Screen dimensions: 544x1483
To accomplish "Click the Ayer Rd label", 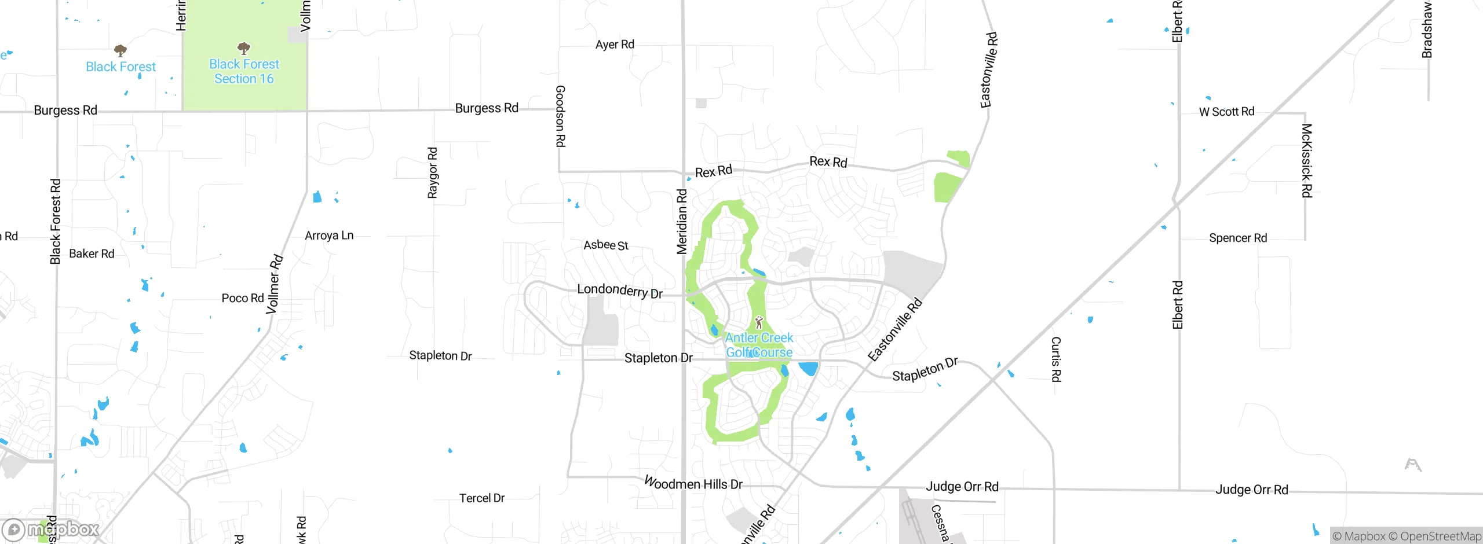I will [x=615, y=45].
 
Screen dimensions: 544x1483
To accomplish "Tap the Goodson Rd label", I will [x=560, y=116].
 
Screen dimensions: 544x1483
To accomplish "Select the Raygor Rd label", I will [x=433, y=172].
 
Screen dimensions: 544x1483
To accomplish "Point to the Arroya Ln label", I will [x=329, y=236].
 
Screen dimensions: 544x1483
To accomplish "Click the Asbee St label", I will [x=606, y=245].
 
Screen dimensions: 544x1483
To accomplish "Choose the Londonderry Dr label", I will [x=620, y=291].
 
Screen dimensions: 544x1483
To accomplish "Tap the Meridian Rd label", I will [x=682, y=222].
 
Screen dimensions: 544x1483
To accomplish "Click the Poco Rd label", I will [x=243, y=298].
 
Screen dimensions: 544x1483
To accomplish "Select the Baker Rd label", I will [x=92, y=253].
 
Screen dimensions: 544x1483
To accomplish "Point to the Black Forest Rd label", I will [x=56, y=222].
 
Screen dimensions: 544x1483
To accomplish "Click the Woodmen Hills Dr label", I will [x=693, y=483].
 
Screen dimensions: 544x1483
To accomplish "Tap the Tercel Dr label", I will [x=482, y=498].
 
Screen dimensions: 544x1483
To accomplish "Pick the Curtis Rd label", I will [x=1056, y=359].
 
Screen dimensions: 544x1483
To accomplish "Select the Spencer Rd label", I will [x=1238, y=238].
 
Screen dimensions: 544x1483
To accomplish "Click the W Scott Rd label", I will [x=1226, y=112].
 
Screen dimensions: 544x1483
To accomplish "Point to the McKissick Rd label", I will [x=1307, y=160].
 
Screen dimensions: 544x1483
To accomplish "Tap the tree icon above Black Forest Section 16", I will [x=244, y=48].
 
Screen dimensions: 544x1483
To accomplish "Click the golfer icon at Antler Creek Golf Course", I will [x=759, y=322].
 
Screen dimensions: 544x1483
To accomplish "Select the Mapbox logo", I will [x=51, y=530].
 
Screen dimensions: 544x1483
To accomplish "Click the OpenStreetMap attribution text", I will [x=1440, y=536].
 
